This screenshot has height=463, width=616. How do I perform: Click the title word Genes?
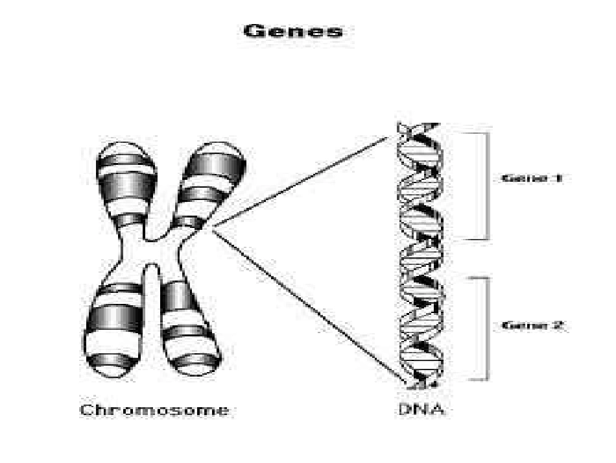coord(292,31)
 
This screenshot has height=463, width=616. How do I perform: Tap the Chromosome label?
coord(154,410)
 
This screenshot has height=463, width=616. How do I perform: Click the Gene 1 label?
coord(532,178)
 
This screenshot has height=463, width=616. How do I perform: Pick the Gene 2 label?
coord(533,326)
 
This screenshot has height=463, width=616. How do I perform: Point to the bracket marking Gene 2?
coord(487,329)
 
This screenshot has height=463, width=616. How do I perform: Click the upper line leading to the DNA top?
coord(300,182)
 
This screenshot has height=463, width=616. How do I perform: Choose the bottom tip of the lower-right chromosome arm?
coord(193,374)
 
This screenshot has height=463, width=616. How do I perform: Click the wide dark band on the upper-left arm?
coord(125,188)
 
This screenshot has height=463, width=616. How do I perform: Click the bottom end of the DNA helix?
coord(419,387)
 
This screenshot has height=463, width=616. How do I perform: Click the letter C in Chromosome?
coord(86,410)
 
